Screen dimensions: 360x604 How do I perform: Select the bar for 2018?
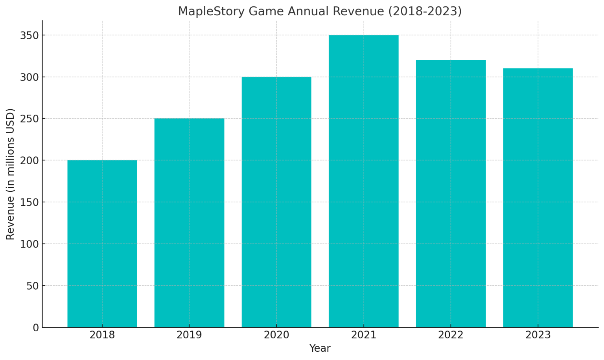(x=102, y=244)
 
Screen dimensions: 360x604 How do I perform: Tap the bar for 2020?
(x=276, y=202)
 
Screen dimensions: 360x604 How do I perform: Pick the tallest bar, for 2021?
(x=363, y=181)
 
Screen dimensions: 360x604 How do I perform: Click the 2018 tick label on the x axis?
(x=102, y=335)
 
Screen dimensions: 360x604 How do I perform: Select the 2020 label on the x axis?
(x=276, y=335)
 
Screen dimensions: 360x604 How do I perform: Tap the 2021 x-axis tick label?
(x=363, y=335)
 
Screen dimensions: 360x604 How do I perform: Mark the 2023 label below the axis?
(x=538, y=335)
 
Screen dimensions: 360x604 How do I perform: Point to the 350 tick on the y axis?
(x=29, y=35)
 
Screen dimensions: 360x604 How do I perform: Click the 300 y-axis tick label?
(x=29, y=77)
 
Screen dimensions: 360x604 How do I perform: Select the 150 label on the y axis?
(x=29, y=202)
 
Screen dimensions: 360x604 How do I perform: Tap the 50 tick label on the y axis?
(x=33, y=286)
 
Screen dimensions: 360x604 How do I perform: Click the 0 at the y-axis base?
(x=36, y=328)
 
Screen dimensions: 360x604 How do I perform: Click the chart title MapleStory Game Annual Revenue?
(x=320, y=11)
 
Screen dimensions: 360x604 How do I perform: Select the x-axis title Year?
(x=320, y=349)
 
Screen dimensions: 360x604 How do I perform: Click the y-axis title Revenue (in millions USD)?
(x=10, y=174)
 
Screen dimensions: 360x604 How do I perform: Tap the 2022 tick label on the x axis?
(x=451, y=335)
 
